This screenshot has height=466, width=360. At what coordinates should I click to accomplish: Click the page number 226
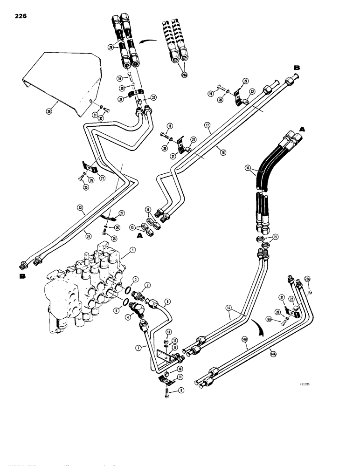click(21, 16)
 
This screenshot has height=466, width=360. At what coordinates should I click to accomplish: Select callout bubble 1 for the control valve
click(133, 250)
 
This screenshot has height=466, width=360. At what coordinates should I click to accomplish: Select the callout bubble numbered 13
click(169, 331)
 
